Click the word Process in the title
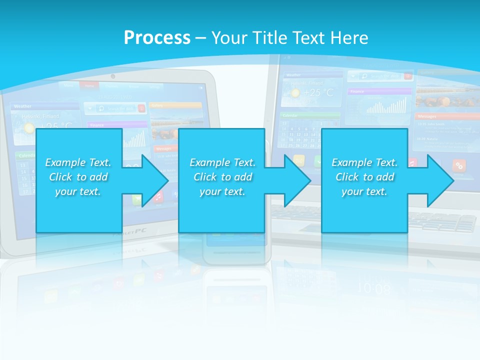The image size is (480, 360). tap(157, 37)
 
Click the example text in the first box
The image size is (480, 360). tap(78, 177)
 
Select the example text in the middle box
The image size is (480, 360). tap(222, 177)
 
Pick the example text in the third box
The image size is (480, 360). tap(364, 177)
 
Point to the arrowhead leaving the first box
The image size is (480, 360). tap(155, 180)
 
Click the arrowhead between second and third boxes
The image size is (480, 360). tap(297, 180)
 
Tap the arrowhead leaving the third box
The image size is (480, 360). tap(440, 180)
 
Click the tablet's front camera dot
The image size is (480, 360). tap(113, 76)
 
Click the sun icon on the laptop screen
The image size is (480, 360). tap(295, 93)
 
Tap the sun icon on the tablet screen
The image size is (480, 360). tap(29, 127)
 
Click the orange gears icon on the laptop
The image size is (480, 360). tap(459, 165)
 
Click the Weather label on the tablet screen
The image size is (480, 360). tap(23, 106)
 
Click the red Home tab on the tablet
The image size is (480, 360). tap(89, 85)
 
